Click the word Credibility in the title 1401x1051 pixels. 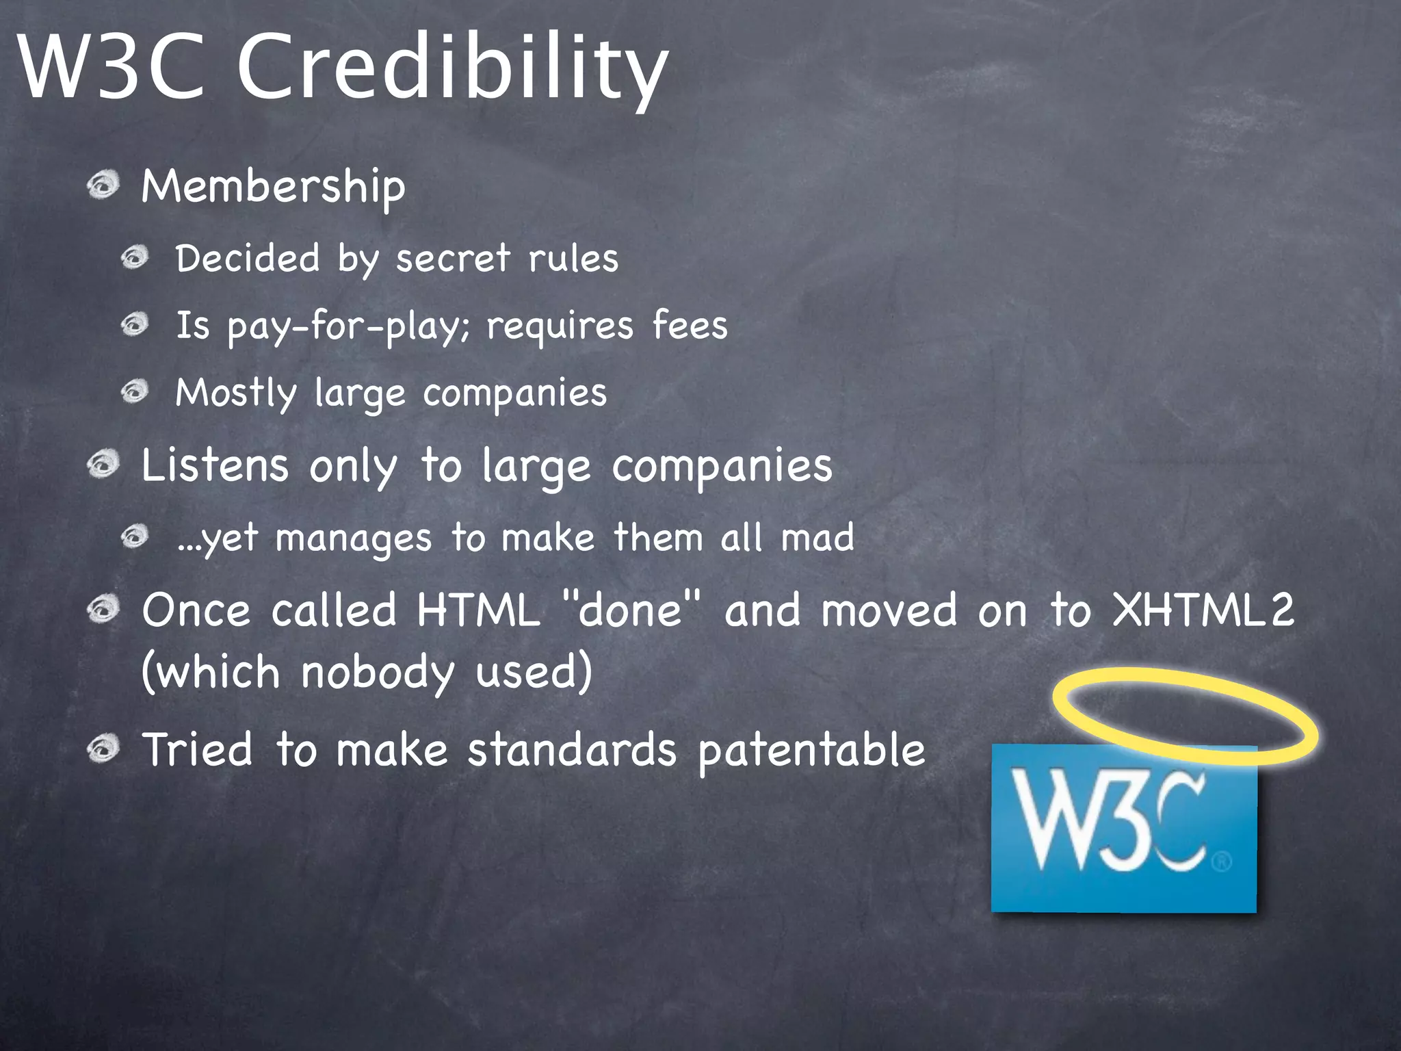pos(451,68)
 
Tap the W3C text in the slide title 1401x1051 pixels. pos(113,68)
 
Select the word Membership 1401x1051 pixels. pos(273,186)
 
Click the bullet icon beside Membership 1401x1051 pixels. pos(104,185)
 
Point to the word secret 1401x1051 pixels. pos(453,259)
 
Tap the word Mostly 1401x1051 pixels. pos(236,393)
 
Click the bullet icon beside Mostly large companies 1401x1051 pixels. pos(135,391)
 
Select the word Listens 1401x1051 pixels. pos(215,465)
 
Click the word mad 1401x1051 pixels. pos(817,537)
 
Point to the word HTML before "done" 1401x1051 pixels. pos(478,610)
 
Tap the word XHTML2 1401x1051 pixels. pos(1203,610)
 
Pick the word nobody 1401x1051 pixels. pos(378,673)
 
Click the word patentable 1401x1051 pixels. pos(811,751)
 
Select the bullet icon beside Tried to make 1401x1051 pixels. pos(104,748)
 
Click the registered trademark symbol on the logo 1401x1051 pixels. pos(1222,860)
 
